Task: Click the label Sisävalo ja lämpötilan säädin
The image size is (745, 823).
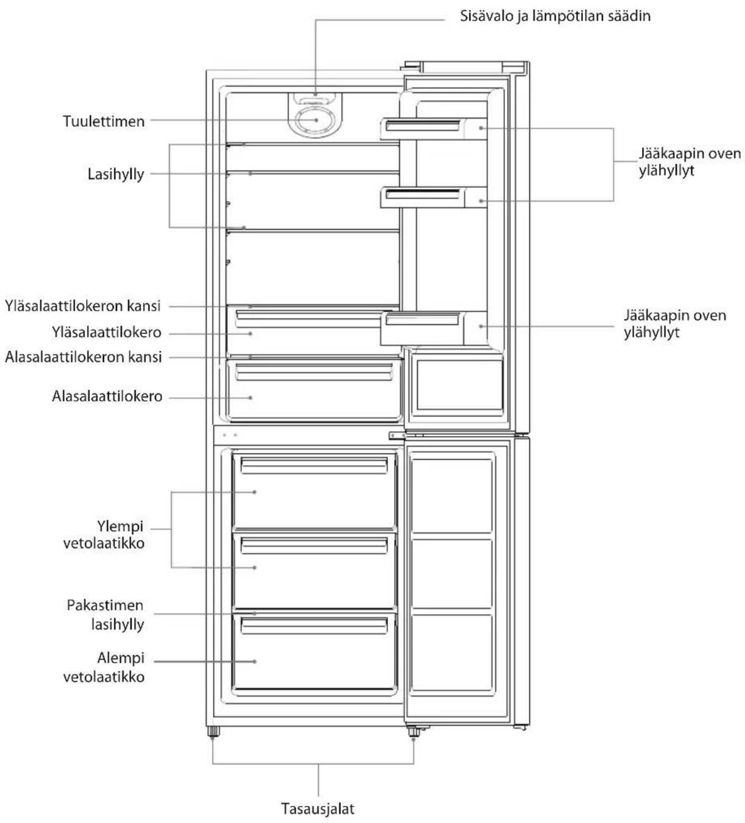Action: pyautogui.click(x=555, y=16)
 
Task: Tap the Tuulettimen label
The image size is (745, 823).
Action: pyautogui.click(x=104, y=121)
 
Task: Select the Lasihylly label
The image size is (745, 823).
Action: pyautogui.click(x=116, y=174)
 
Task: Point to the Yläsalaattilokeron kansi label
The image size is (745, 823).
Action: pyautogui.click(x=82, y=306)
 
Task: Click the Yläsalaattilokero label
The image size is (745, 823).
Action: pyautogui.click(x=107, y=333)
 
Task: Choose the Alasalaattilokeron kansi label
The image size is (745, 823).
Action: pyautogui.click(x=83, y=357)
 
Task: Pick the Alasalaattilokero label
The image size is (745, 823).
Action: pyautogui.click(x=107, y=397)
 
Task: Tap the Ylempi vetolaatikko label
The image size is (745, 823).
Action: pyautogui.click(x=104, y=535)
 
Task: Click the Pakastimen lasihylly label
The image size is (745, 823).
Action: pyautogui.click(x=105, y=615)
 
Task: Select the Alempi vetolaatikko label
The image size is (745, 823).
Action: pyautogui.click(x=104, y=668)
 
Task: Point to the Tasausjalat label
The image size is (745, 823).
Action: pyautogui.click(x=318, y=808)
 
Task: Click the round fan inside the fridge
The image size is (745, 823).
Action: pyautogui.click(x=315, y=121)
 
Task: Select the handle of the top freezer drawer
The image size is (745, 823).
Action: pyautogui.click(x=314, y=465)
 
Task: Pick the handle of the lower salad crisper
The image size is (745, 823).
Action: pyautogui.click(x=314, y=372)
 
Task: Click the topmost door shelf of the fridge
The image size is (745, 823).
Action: pyautogui.click(x=433, y=129)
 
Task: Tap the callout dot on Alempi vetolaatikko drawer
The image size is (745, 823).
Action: pyautogui.click(x=255, y=662)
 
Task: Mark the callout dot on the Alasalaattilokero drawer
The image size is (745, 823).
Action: pyautogui.click(x=250, y=397)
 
